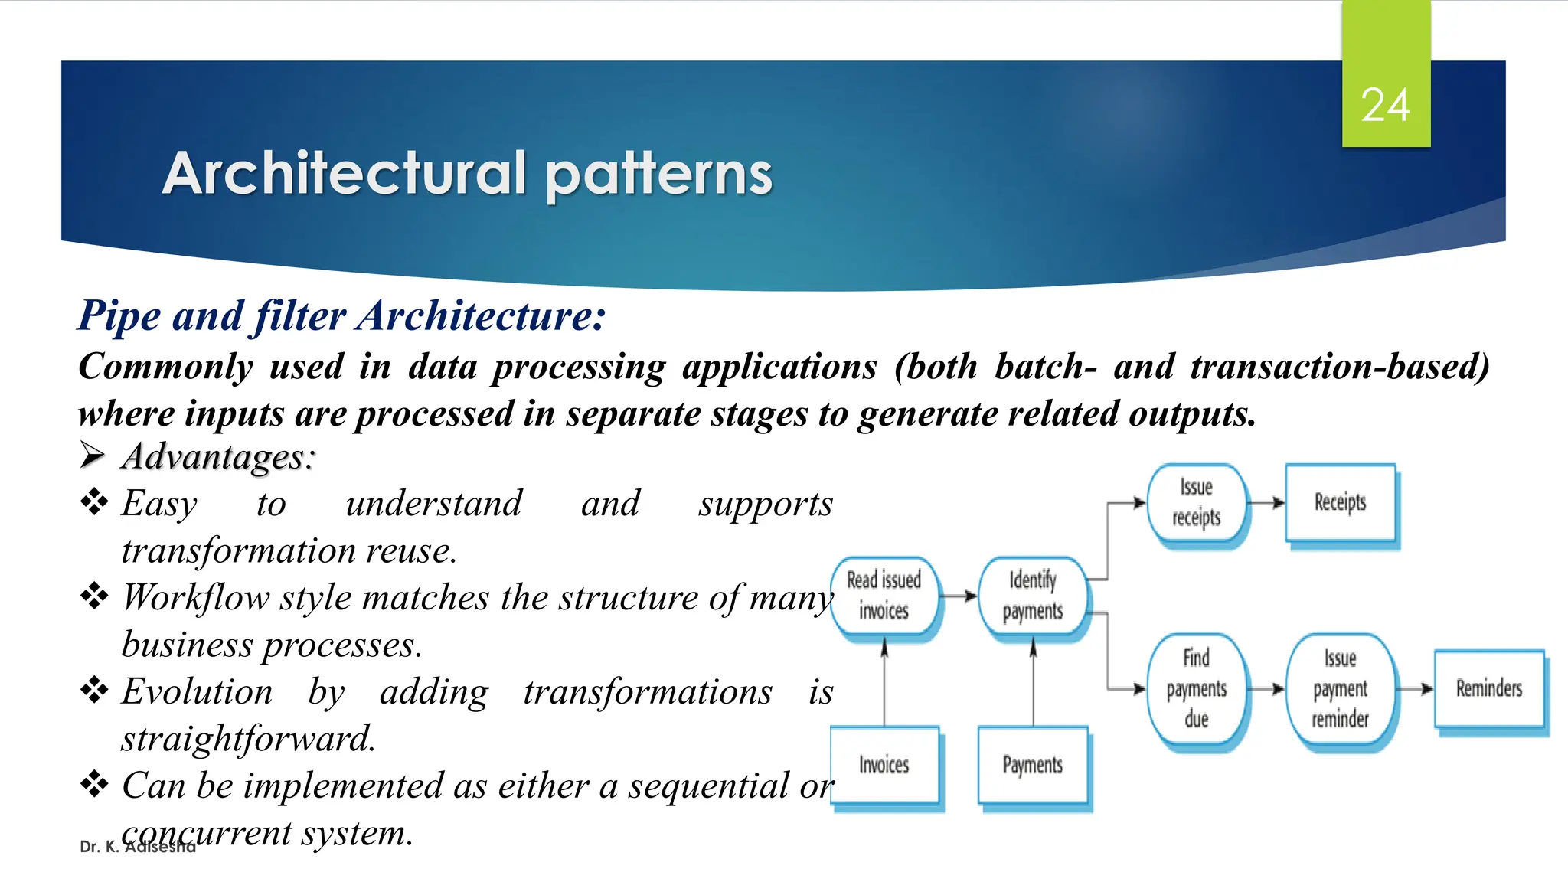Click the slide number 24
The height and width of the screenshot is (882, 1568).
(1385, 105)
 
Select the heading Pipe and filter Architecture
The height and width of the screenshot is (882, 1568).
(341, 315)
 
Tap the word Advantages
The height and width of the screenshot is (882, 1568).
(218, 457)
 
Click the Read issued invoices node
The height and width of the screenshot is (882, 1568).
(884, 596)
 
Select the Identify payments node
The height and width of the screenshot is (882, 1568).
(1032, 596)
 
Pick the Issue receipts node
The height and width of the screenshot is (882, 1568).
(1196, 503)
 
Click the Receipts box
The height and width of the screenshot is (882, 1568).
(1340, 503)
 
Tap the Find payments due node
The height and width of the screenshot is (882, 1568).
(1196, 688)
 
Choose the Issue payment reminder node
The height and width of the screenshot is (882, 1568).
(1340, 688)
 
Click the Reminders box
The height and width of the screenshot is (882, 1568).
(1488, 688)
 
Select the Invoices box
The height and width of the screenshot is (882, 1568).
(884, 765)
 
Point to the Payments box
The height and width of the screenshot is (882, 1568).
(1032, 765)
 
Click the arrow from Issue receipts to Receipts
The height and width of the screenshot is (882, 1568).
(1266, 503)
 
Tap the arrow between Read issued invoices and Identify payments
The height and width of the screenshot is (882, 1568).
(959, 596)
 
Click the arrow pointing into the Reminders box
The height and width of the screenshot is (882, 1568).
(1415, 689)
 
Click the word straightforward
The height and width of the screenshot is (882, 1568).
(248, 739)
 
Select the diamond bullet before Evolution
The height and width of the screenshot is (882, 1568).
(94, 690)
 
